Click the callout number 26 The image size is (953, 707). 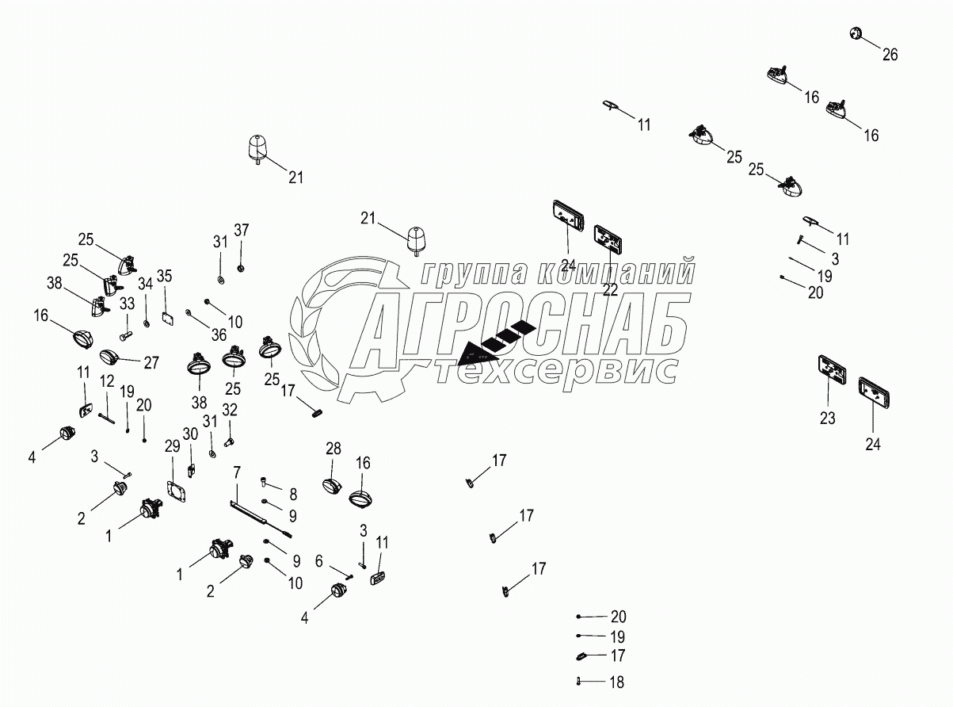pos(890,55)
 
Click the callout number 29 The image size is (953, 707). pos(173,446)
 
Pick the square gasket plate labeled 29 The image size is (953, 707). pos(177,492)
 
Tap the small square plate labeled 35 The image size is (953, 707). pos(167,316)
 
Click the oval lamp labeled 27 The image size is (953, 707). pos(109,357)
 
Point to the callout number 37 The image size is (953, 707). pos(241,230)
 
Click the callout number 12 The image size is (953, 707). pos(107,382)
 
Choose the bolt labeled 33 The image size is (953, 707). pos(124,325)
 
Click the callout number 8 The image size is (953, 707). pos(292,494)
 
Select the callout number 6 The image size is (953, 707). pos(318,560)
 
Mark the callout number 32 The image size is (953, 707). pos(230,409)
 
